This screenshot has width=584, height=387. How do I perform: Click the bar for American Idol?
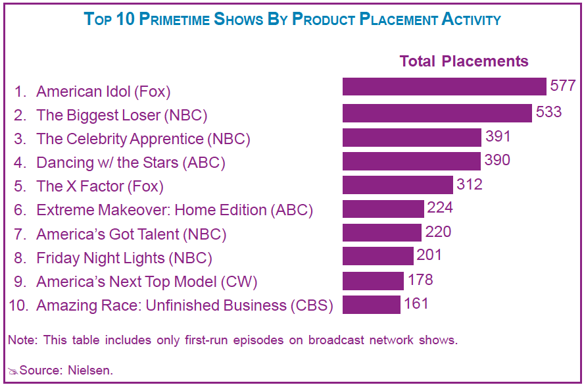pos(444,87)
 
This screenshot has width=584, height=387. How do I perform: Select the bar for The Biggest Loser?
pos(437,113)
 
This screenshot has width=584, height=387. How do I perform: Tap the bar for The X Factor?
pos(397,185)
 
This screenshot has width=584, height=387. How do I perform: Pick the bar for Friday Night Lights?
pos(377,256)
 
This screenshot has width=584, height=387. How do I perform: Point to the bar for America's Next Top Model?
pos(373,281)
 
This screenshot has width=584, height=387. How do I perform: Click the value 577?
pos(562,86)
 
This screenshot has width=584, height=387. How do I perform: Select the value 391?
pos(498,136)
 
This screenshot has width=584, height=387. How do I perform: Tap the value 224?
pos(440,208)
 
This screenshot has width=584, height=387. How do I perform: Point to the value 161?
pos(416,303)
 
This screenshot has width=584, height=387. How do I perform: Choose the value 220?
pos(438,232)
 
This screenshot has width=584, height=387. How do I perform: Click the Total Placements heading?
pos(464,61)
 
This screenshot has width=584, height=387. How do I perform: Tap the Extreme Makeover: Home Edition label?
pos(174,211)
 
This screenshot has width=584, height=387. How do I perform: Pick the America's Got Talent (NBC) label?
pos(131,234)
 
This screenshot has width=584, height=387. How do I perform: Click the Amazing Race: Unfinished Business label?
pos(185,305)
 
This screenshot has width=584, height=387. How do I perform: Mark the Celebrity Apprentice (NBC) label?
pos(143,139)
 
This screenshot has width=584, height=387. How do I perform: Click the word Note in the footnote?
pos(21,340)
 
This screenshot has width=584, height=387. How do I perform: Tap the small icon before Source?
pos(13,371)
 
